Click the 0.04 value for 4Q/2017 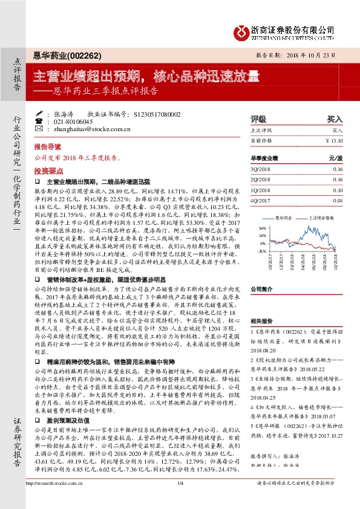tap(338, 200)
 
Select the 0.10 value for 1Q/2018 tap(338, 190)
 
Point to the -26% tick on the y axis tap(245, 250)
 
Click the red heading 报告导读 tap(47, 147)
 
